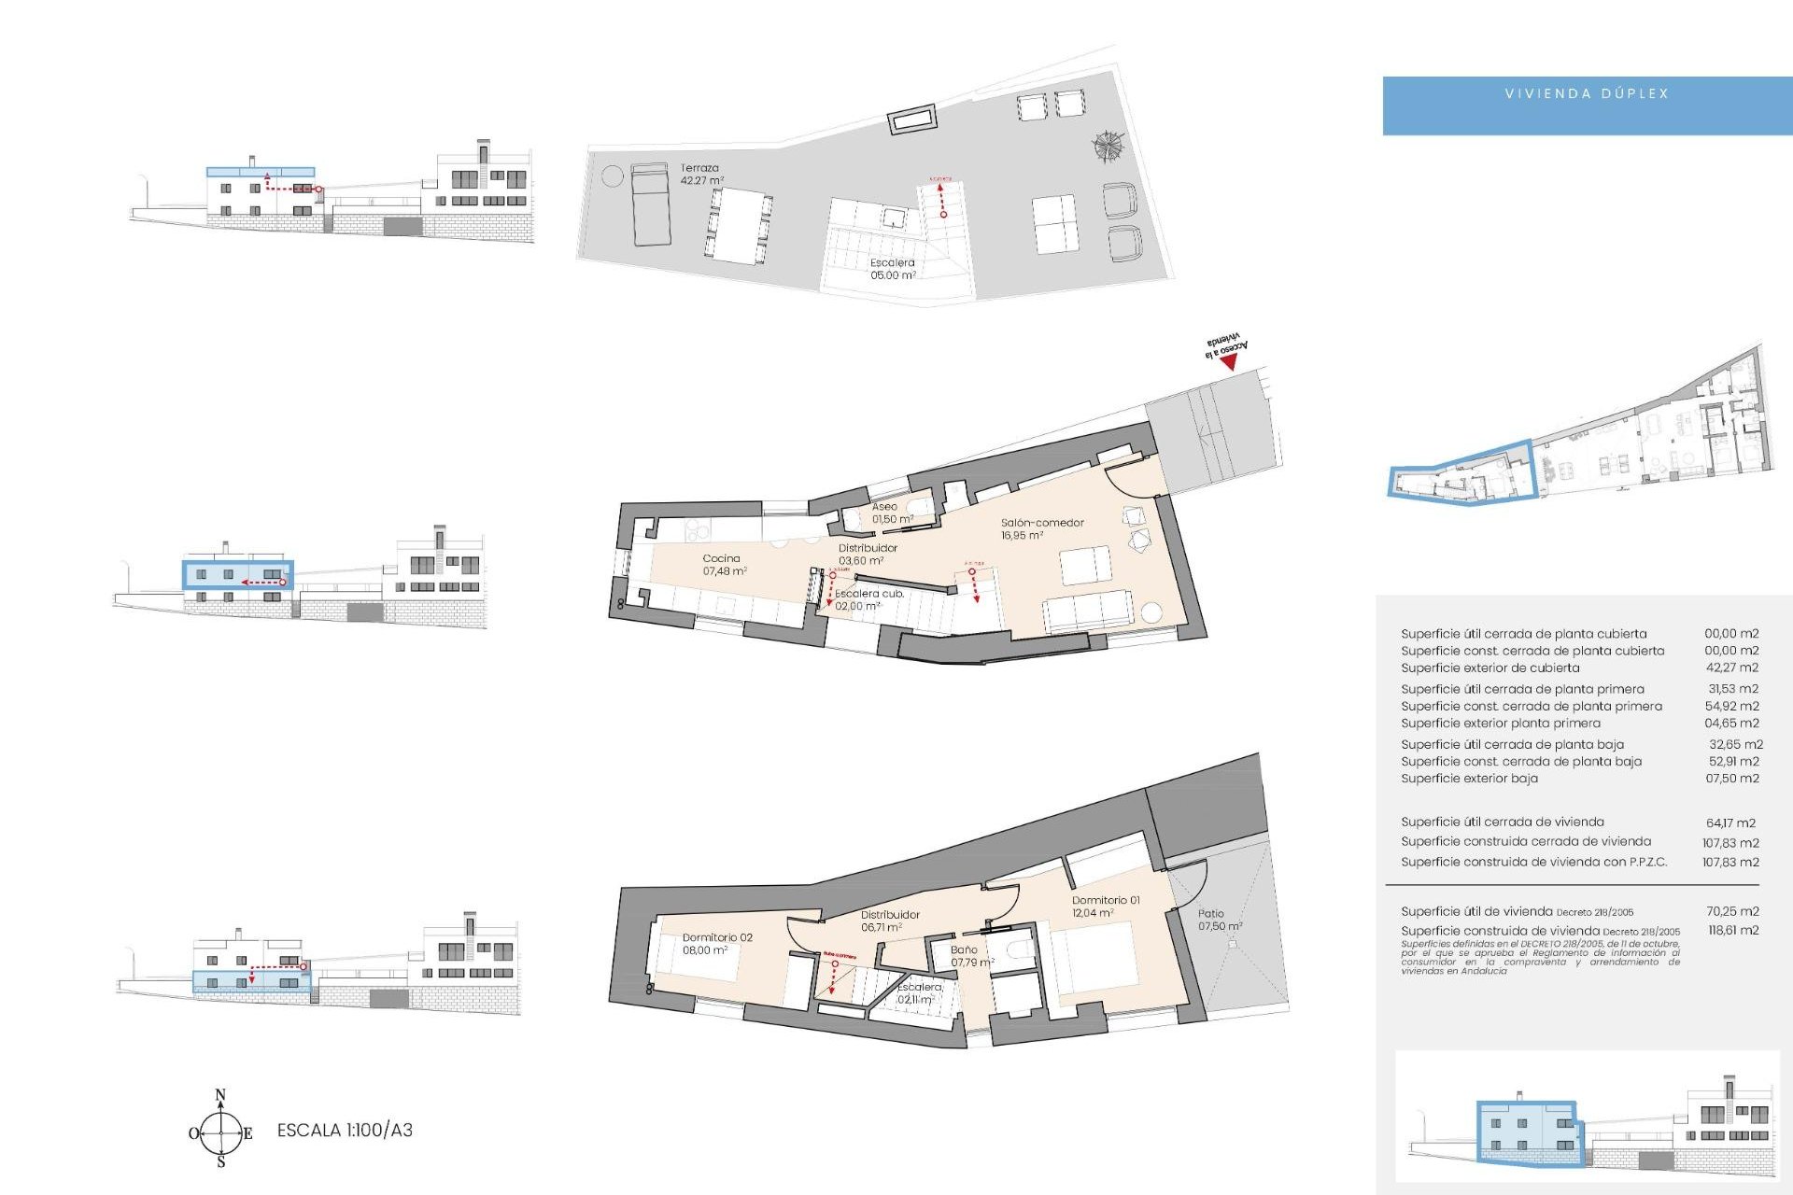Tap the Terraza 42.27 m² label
coord(701,175)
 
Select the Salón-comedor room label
coord(1041,528)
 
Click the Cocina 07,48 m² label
coord(724,565)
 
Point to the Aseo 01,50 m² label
coord(891,513)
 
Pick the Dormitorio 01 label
coord(1105,907)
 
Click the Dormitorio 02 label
coord(716,943)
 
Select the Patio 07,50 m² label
coord(1219,920)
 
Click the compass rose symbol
coord(221,1132)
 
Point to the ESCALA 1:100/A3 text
coord(345,1131)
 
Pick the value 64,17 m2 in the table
coord(1730,822)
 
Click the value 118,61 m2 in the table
coord(1732,930)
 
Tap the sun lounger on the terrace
coord(651,204)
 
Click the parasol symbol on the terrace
coord(1108,147)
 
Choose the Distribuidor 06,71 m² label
coord(890,921)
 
